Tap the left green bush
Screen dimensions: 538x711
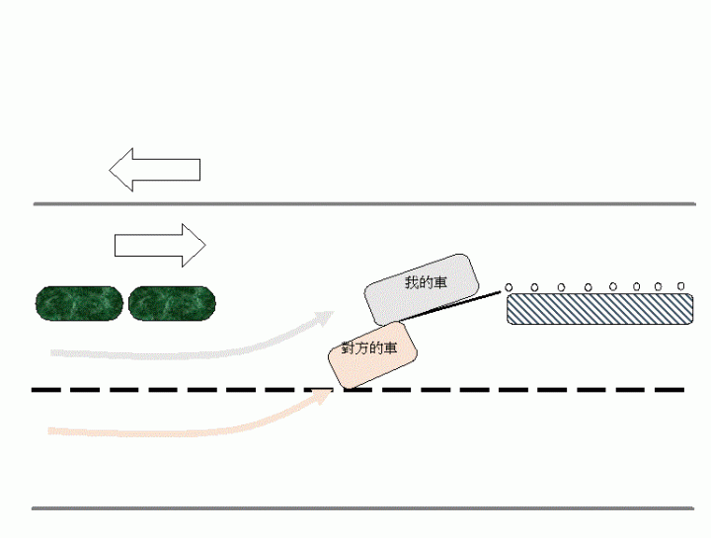[79, 303]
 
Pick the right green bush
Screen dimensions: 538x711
[172, 303]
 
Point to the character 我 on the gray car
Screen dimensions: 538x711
[411, 283]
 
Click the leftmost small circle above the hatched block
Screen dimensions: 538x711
[509, 287]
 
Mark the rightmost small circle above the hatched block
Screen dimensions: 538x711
[681, 286]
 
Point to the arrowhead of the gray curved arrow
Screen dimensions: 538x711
[327, 317]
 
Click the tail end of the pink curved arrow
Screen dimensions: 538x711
[51, 431]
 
